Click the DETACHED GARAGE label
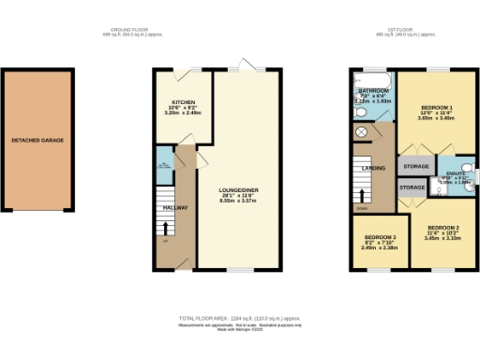click(38, 141)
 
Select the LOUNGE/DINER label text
click(239, 190)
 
